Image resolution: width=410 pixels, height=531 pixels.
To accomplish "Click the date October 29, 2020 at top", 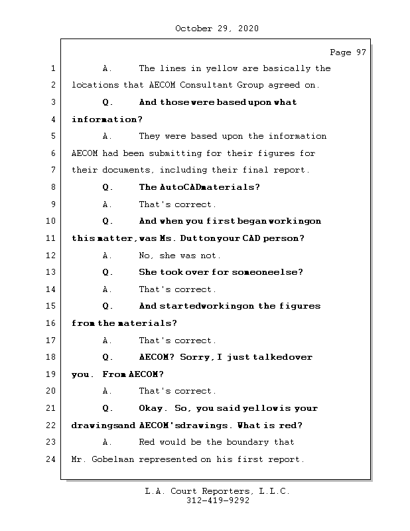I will click(x=217, y=29).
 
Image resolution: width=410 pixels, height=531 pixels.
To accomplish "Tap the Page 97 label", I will click(x=348, y=52).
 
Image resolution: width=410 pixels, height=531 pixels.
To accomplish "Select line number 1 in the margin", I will click(x=52, y=68).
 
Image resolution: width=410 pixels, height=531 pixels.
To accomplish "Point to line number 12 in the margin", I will click(x=50, y=256).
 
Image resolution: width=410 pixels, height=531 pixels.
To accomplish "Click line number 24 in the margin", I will click(x=50, y=459).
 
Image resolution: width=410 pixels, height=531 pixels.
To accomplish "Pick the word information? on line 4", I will click(x=107, y=119).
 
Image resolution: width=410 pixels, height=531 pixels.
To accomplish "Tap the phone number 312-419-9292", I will click(x=218, y=501).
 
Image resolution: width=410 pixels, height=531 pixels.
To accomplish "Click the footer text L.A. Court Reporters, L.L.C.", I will click(x=218, y=491).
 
